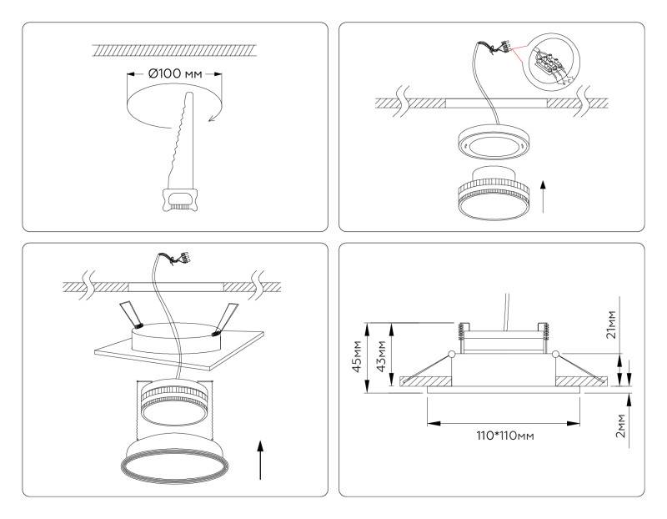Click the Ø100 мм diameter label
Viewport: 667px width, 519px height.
[175, 73]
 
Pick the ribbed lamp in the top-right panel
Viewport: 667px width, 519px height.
[491, 194]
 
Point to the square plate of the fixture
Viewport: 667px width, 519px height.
[173, 350]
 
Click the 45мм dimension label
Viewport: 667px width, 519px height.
[358, 357]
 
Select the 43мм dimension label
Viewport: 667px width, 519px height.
[381, 357]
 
